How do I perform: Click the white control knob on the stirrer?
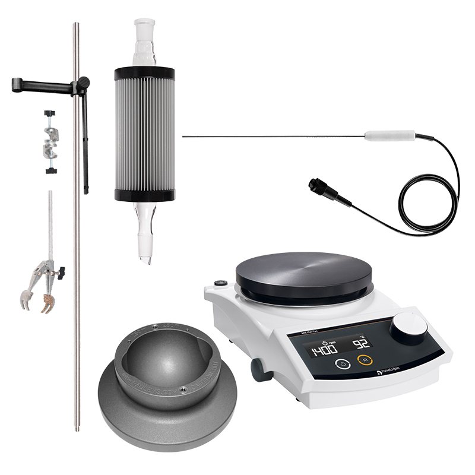click(x=409, y=327)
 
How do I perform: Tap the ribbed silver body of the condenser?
click(x=144, y=134)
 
